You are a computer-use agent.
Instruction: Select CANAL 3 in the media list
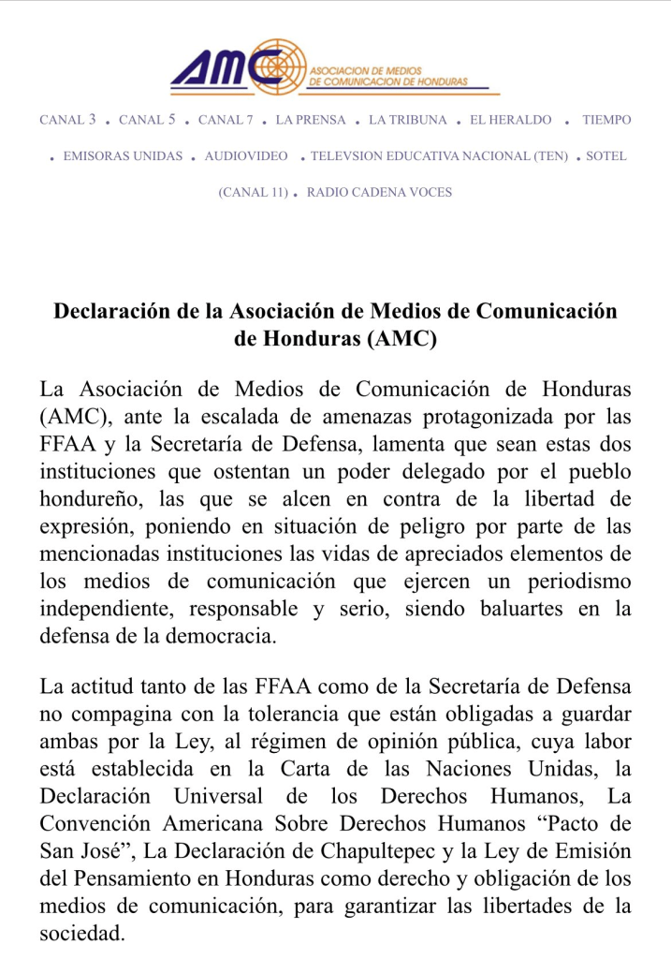click(x=67, y=120)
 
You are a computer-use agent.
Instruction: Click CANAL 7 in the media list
click(x=226, y=120)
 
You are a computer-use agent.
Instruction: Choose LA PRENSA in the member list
click(x=311, y=120)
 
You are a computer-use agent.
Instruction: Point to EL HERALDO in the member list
click(x=511, y=120)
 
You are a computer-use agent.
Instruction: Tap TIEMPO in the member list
click(x=606, y=120)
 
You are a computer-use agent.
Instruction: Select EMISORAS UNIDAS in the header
click(x=123, y=156)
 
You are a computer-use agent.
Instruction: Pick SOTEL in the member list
click(x=606, y=156)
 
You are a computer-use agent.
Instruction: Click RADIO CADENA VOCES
click(x=379, y=193)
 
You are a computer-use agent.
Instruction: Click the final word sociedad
click(x=82, y=933)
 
